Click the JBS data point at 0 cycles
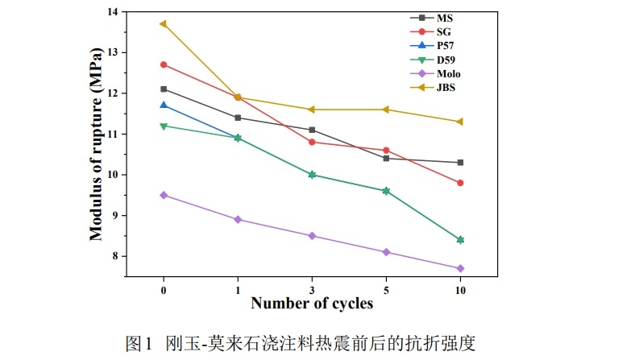click(164, 24)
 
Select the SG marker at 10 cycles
click(460, 183)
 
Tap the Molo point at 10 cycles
click(460, 268)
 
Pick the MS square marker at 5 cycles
click(386, 159)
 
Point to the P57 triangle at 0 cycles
click(164, 105)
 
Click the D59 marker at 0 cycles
click(164, 126)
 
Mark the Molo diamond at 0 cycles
click(164, 195)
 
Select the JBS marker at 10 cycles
click(460, 122)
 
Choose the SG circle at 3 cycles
click(312, 142)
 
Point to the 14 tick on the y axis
click(111, 12)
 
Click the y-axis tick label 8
click(114, 256)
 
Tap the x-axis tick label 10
click(460, 289)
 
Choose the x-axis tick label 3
click(312, 289)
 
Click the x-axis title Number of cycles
click(312, 304)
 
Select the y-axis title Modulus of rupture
click(96, 143)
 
